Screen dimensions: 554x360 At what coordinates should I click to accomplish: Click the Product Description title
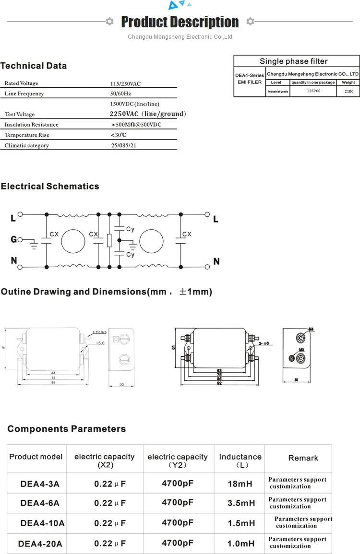pyautogui.click(x=180, y=22)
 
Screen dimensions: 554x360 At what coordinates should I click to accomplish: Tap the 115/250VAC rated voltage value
pyautogui.click(x=125, y=83)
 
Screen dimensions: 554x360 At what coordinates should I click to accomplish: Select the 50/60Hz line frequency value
pyautogui.click(x=120, y=94)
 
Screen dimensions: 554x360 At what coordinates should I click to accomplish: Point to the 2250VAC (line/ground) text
pyautogui.click(x=147, y=114)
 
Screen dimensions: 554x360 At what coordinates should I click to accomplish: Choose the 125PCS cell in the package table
pyautogui.click(x=313, y=91)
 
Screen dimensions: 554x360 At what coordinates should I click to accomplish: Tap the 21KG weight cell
pyautogui.click(x=348, y=91)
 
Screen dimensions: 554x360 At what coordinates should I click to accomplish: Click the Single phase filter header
pyautogui.click(x=293, y=61)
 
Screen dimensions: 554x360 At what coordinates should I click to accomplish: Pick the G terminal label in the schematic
pyautogui.click(x=13, y=239)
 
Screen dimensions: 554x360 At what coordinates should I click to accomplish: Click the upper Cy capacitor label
pyautogui.click(x=130, y=229)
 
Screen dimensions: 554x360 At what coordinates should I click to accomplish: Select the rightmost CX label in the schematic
pyautogui.click(x=187, y=234)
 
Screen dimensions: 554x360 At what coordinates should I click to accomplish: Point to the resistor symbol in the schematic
pyautogui.click(x=109, y=240)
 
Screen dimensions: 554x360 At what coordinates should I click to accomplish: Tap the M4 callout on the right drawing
pyautogui.click(x=311, y=329)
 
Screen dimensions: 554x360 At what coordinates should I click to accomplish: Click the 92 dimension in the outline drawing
pyautogui.click(x=219, y=384)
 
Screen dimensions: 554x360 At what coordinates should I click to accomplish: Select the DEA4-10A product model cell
pyautogui.click(x=36, y=523)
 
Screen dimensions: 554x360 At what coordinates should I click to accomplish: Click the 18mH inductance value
pyautogui.click(x=240, y=484)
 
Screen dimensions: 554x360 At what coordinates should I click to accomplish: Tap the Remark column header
pyautogui.click(x=303, y=458)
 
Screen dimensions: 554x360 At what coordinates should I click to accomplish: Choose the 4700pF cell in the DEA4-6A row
pyautogui.click(x=178, y=503)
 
